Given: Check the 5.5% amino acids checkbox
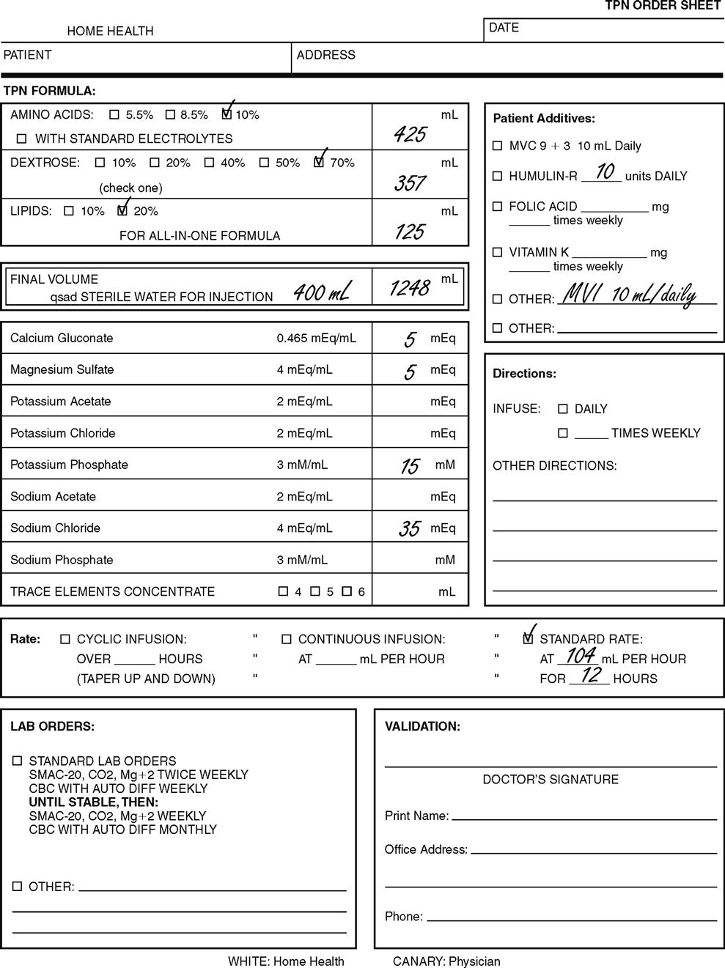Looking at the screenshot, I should pos(114,115).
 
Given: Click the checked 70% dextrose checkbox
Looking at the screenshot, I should pos(319,163).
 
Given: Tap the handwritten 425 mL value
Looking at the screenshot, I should pos(409,134).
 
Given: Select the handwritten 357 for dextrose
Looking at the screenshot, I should pos(409,183).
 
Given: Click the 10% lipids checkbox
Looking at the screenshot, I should pos(69,211).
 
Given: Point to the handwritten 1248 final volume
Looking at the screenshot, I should pos(408,288).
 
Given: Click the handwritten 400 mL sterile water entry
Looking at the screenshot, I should pos(321,292).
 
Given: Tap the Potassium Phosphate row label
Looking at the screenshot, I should pos(69,465).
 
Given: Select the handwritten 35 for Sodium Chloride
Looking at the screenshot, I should pos(409,528).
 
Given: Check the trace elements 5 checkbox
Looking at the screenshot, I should pos(315,591).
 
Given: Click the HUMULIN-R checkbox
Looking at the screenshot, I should pos(498,177).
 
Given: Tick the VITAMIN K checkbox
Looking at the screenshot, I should pos(498,253).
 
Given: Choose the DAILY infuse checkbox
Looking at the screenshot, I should pos(563,409).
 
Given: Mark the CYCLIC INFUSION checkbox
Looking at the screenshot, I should pos(65,639).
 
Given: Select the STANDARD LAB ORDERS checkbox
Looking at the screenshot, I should pos(17,761).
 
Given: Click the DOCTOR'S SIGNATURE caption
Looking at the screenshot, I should pos(551,780).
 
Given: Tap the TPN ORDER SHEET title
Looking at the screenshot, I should pos(663,6).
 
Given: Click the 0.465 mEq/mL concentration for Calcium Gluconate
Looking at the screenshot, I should pos(317,339).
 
